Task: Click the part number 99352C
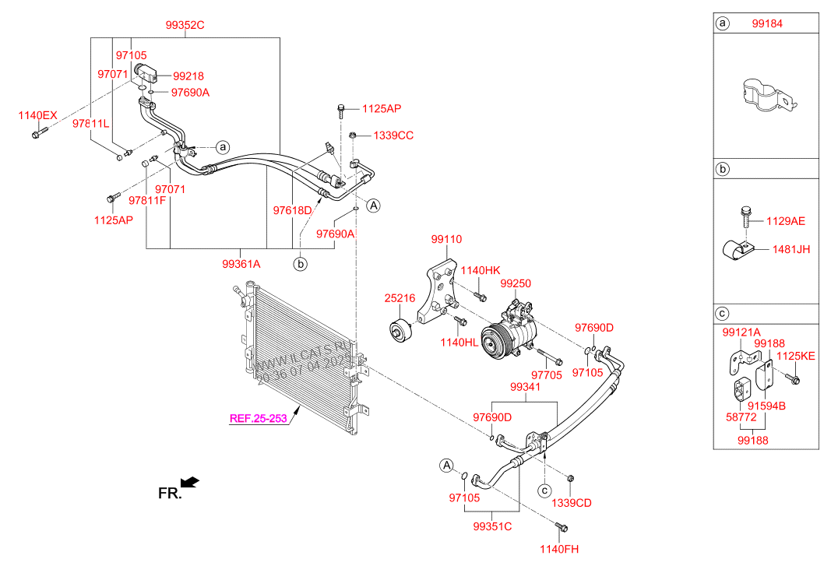(185, 25)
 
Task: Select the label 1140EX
(37, 115)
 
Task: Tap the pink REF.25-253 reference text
(258, 419)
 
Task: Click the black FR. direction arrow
(190, 483)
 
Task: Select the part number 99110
(446, 240)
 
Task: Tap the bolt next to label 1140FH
(562, 528)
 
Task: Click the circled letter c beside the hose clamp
(544, 490)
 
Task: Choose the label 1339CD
(572, 503)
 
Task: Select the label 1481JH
(791, 250)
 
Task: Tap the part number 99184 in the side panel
(767, 23)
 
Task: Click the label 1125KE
(796, 357)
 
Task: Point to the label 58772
(741, 417)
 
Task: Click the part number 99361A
(241, 264)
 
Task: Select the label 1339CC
(393, 135)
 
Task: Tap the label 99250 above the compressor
(516, 284)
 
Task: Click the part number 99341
(526, 387)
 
